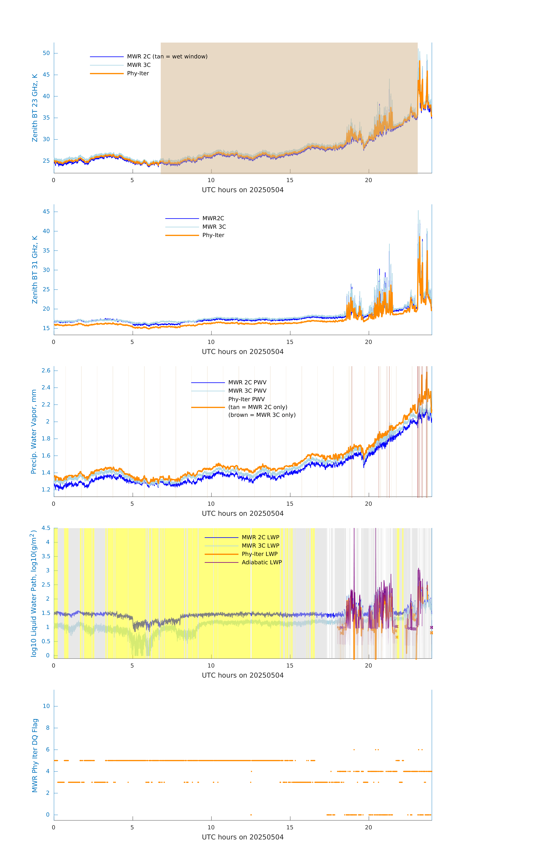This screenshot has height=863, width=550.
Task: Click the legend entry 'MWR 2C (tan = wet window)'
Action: click(167, 57)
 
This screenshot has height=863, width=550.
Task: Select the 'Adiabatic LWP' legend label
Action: click(262, 562)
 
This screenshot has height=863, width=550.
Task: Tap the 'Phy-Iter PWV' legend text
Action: click(246, 399)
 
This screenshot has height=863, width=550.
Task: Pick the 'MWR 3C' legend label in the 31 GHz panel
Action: click(214, 227)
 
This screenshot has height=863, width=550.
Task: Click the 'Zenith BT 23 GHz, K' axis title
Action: click(35, 108)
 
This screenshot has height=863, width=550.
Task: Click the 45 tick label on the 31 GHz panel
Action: click(46, 212)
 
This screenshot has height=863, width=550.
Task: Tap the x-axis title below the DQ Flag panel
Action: click(243, 837)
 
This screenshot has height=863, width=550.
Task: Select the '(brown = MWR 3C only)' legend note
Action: click(262, 415)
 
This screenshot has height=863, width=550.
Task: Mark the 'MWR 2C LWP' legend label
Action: click(261, 537)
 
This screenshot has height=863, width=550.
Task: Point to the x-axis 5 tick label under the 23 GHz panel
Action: click(132, 180)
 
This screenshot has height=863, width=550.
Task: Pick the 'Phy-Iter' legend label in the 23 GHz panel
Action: click(138, 73)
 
